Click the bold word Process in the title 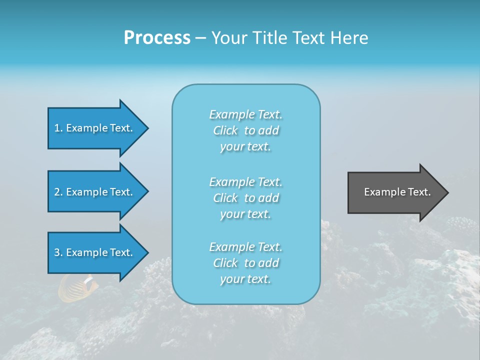click(x=157, y=38)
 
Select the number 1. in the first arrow click(x=58, y=128)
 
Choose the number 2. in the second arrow click(x=58, y=192)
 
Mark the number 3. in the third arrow click(x=58, y=252)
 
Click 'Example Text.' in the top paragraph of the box click(x=245, y=114)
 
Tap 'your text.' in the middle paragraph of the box click(x=245, y=214)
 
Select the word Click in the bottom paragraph click(x=225, y=263)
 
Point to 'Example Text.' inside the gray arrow click(x=397, y=192)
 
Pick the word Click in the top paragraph click(x=225, y=130)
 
